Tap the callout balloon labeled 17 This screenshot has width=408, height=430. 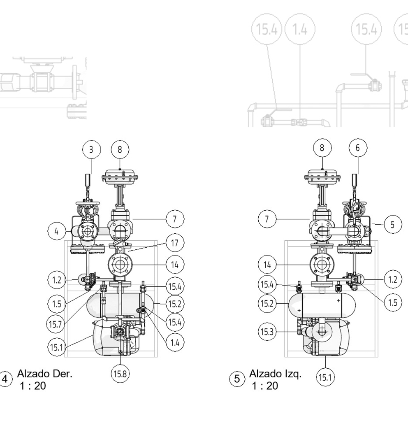point(175,243)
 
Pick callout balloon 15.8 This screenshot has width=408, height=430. point(120,374)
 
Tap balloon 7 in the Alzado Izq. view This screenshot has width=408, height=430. point(268,219)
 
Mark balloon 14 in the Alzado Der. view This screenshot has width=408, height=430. point(175,265)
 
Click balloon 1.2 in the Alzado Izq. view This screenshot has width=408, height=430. point(392,280)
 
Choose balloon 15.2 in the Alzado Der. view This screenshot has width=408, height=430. point(175,304)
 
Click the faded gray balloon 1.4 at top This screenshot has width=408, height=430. point(300,30)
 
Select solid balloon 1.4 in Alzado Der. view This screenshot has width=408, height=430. point(175,342)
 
